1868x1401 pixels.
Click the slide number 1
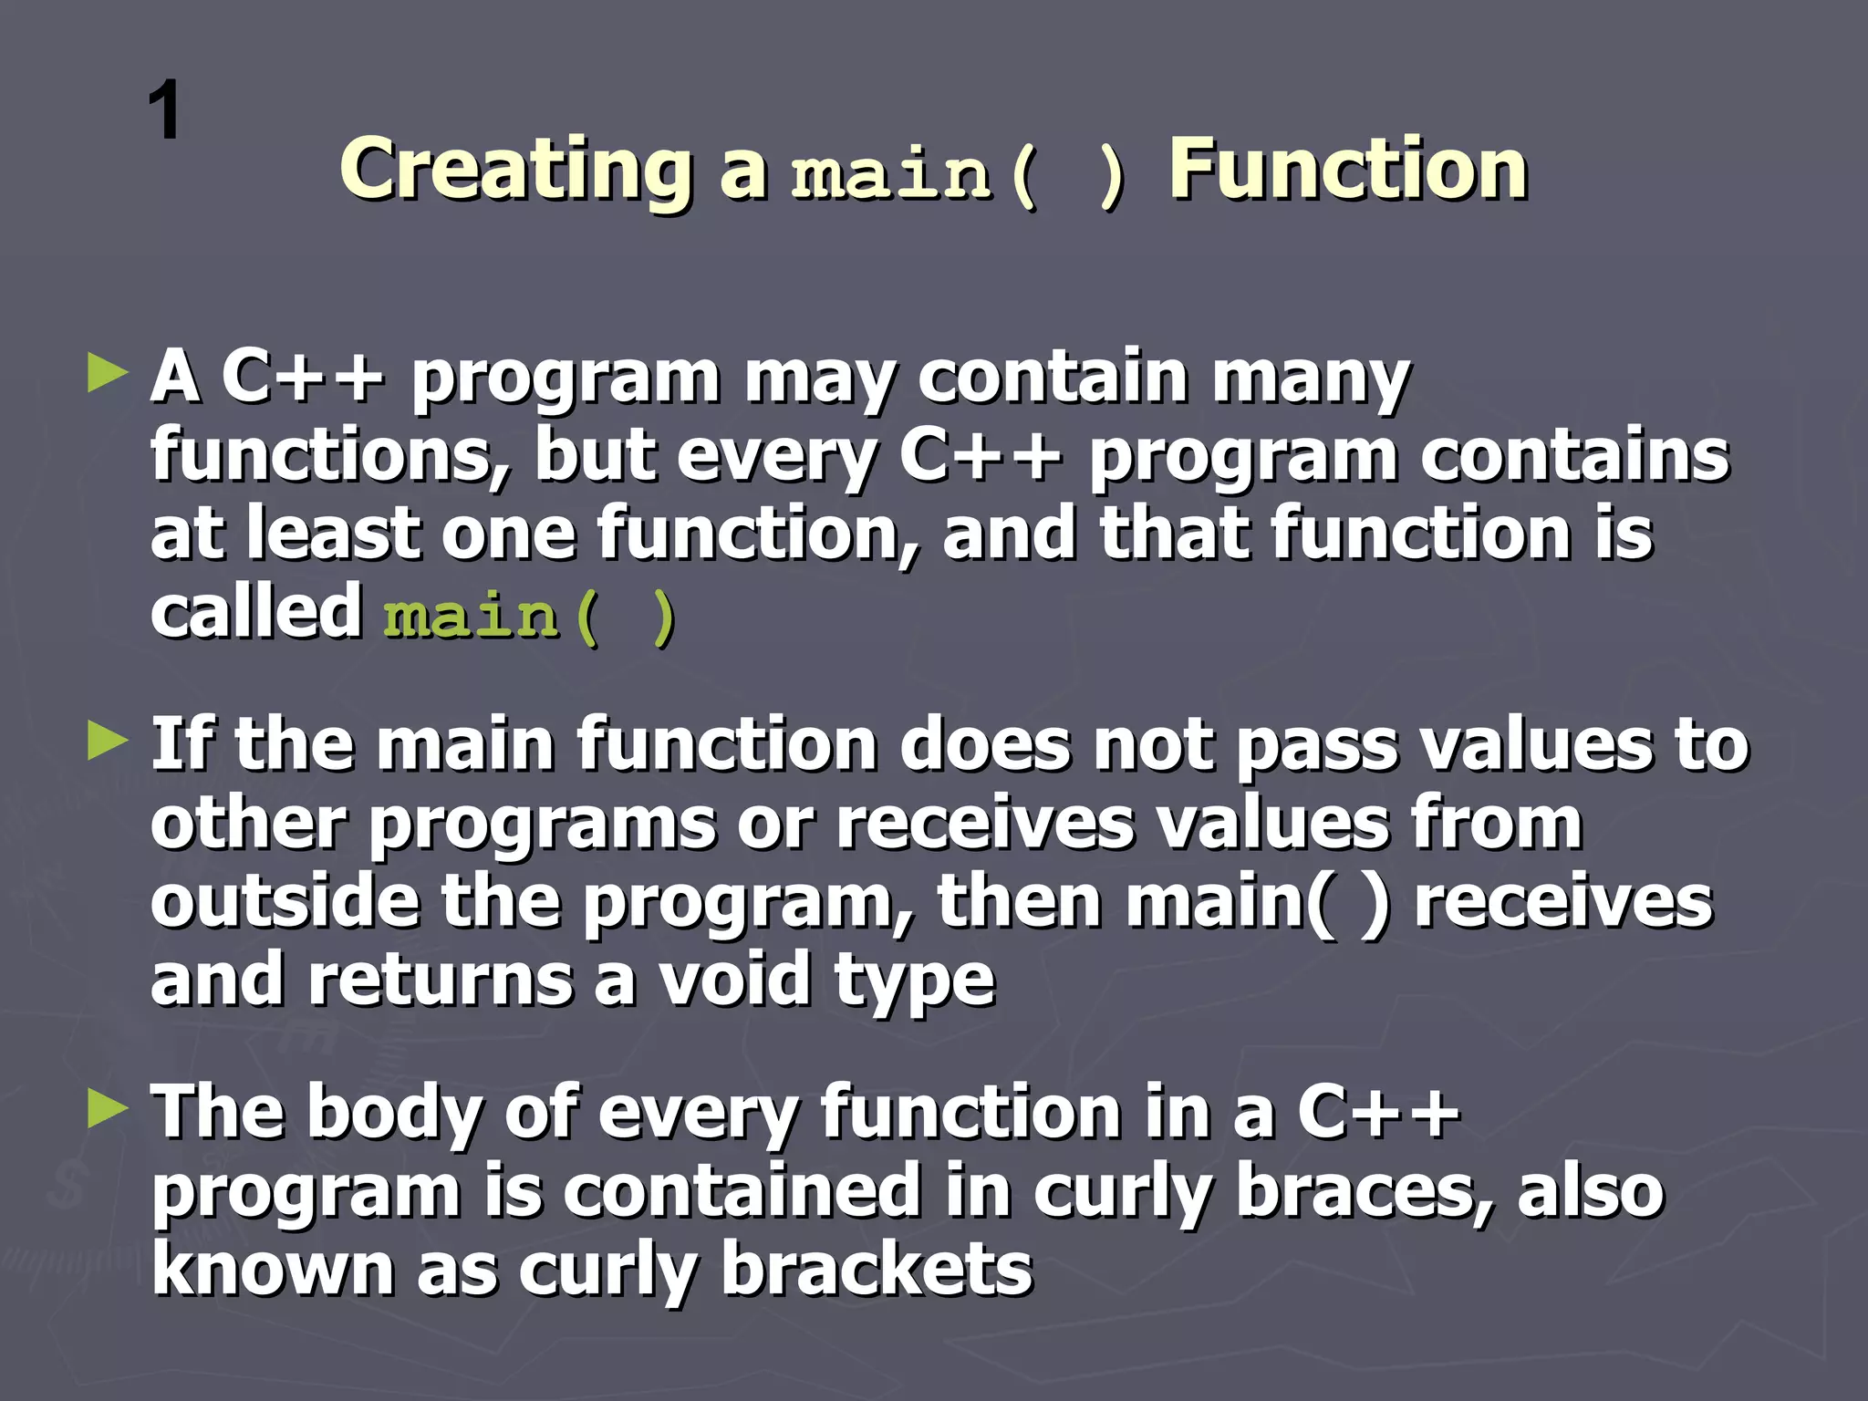[164, 110]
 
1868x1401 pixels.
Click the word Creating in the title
[515, 170]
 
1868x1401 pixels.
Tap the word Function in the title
[1347, 170]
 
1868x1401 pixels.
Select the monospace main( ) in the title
[958, 173]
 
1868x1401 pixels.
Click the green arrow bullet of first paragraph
[108, 375]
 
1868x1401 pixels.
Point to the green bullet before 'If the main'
[108, 741]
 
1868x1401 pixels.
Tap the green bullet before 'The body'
[108, 1109]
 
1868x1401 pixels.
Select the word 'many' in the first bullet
[1311, 379]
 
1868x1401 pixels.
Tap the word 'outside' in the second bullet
[285, 902]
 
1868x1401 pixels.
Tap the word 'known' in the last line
[272, 1270]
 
